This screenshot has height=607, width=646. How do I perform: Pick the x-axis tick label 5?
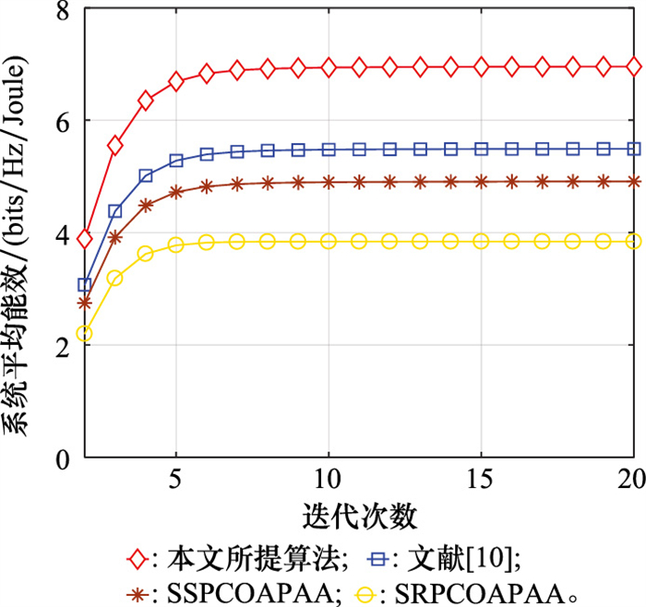click(x=175, y=482)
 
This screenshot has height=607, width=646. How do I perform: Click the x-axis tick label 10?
click(x=328, y=482)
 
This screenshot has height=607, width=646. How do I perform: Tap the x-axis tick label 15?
click(x=481, y=482)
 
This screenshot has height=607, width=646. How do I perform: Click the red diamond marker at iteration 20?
click(x=633, y=66)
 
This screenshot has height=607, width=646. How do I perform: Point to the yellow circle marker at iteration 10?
click(x=329, y=241)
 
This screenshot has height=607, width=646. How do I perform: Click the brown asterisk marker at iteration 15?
click(x=481, y=182)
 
